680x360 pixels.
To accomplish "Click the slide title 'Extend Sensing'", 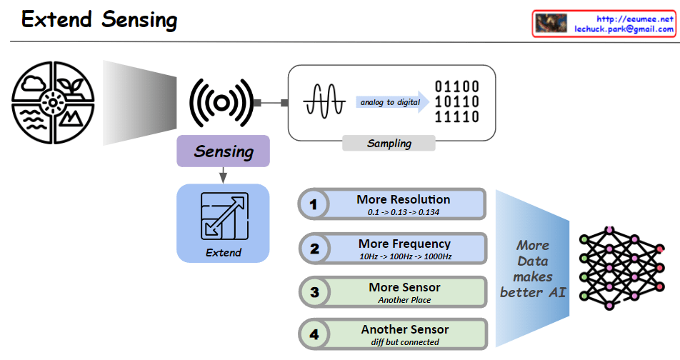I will [x=99, y=20].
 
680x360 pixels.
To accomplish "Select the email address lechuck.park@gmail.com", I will [x=624, y=29].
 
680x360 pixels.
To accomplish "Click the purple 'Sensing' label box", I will [x=224, y=151].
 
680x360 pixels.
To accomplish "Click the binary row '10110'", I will [x=457, y=102].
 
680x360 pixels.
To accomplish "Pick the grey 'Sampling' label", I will [x=389, y=143].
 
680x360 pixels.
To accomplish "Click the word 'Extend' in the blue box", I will [x=224, y=252].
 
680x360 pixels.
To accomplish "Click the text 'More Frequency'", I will [x=404, y=244].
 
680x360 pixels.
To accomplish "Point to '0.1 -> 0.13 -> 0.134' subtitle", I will [x=404, y=212].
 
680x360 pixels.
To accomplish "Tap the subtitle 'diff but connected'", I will [x=404, y=341].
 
